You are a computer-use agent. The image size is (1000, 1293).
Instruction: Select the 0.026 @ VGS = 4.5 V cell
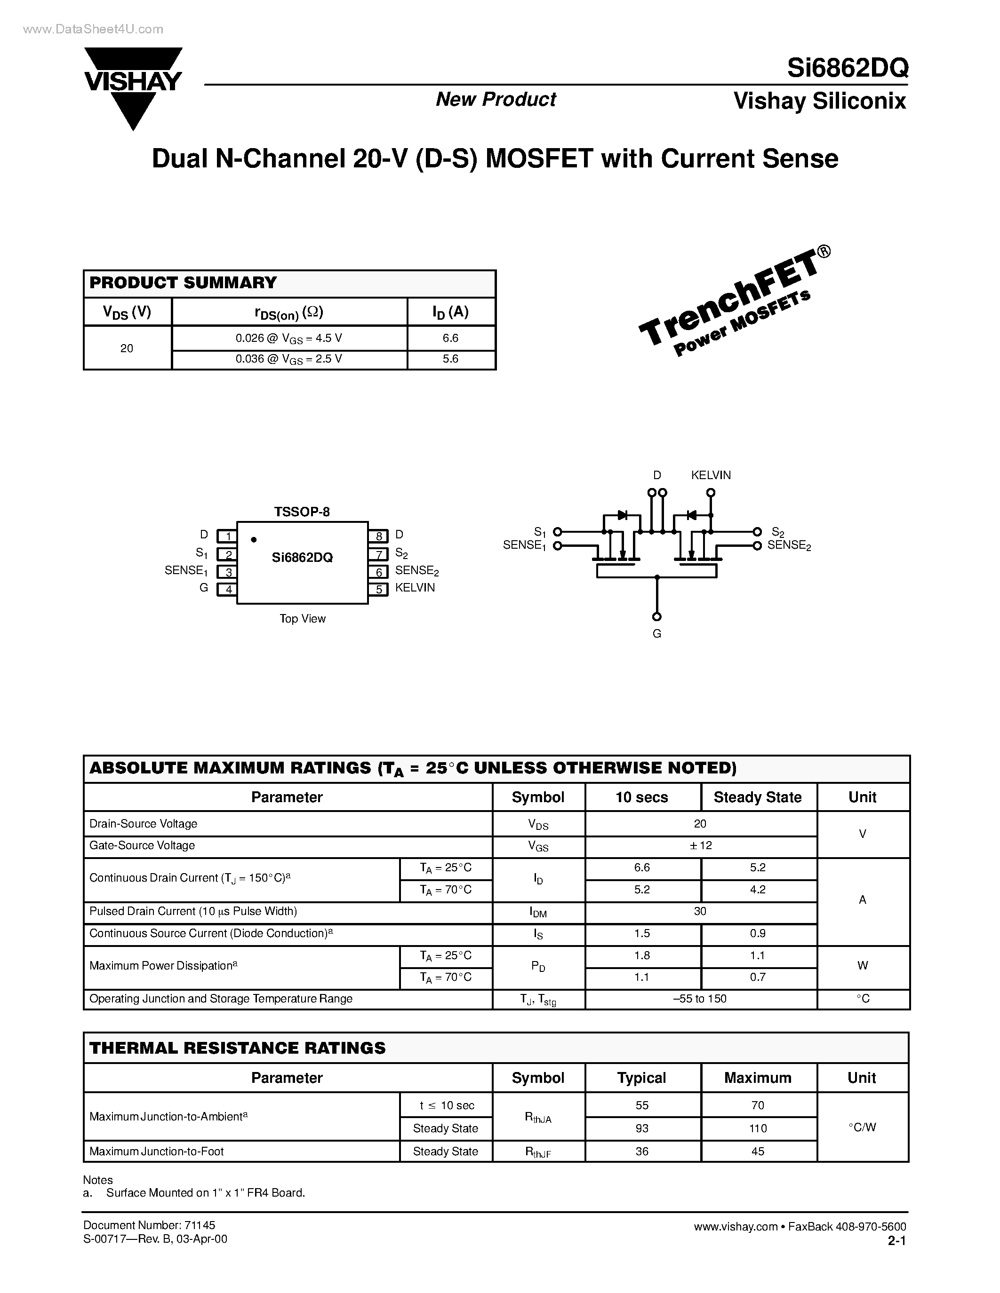(x=289, y=339)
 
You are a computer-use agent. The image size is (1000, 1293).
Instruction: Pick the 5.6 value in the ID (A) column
(x=450, y=359)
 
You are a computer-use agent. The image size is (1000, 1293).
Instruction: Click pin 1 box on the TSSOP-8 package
(x=227, y=536)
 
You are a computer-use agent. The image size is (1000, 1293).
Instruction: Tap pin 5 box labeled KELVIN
(x=378, y=589)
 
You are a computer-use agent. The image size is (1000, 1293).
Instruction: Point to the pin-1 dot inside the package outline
(x=254, y=539)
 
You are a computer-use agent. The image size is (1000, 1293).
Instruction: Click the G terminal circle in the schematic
(x=656, y=617)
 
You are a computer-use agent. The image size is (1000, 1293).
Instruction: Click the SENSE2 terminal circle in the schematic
(x=757, y=546)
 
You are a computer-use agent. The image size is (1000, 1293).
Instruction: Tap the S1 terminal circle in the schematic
(x=557, y=532)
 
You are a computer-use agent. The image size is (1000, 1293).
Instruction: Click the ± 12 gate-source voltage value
(x=700, y=845)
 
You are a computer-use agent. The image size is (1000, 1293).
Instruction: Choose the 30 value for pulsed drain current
(x=700, y=911)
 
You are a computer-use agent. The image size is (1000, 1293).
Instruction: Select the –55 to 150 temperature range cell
(x=700, y=999)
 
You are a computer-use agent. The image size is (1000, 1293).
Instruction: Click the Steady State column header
(x=757, y=797)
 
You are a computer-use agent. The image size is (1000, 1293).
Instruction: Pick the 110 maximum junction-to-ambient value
(x=757, y=1128)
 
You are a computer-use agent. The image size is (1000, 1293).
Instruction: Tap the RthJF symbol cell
(x=538, y=1151)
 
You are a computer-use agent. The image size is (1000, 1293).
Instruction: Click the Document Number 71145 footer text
(x=149, y=1225)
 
